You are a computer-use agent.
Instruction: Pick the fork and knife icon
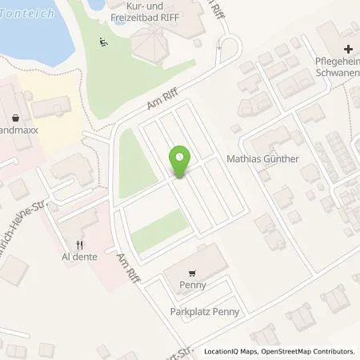78,246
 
